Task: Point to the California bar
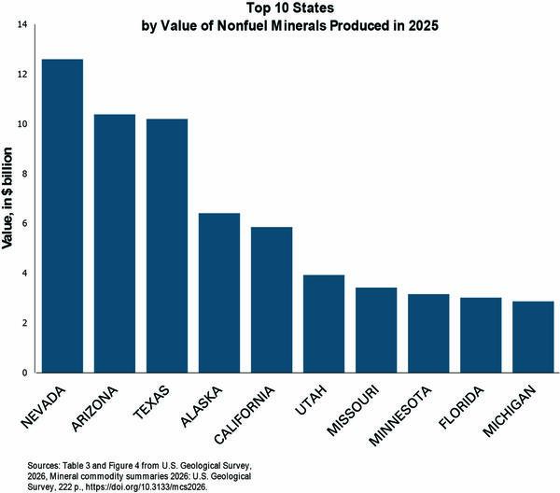coord(272,300)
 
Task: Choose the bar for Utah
coord(324,324)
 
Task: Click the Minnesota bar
coord(428,333)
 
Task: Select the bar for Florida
coord(481,335)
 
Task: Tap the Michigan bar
coord(533,337)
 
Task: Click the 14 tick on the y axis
coord(21,23)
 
